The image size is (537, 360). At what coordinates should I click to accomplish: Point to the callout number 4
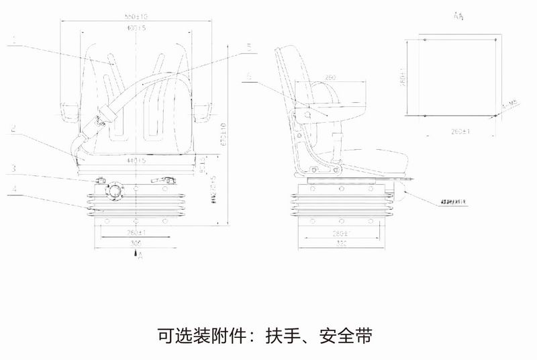pos(14,190)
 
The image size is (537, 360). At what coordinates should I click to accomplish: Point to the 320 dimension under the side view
pos(341,243)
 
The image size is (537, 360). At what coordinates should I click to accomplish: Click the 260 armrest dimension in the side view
pos(330,77)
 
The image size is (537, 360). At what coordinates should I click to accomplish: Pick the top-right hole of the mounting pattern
pos(495,40)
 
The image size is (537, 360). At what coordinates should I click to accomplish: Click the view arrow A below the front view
pos(136,254)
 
